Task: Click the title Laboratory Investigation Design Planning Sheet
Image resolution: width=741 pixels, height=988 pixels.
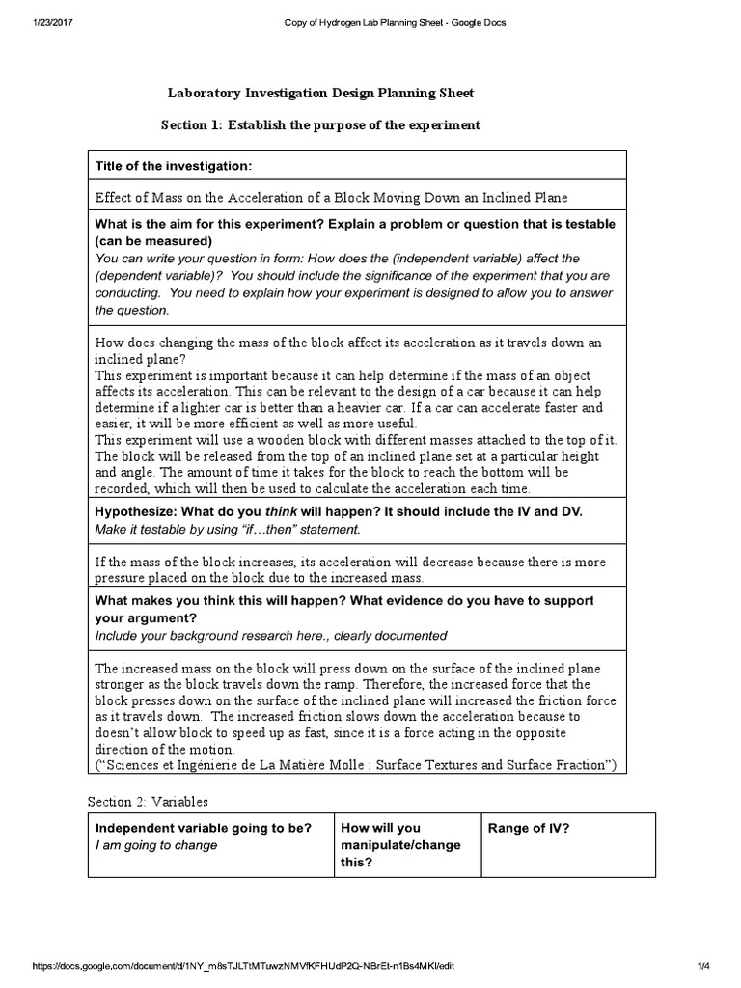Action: (321, 93)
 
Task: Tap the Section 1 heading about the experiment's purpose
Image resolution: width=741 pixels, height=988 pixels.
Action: (319, 126)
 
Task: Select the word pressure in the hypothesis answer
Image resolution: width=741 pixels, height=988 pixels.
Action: (123, 577)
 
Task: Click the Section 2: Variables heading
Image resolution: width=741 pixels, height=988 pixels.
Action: (148, 801)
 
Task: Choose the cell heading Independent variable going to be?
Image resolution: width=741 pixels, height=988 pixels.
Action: (203, 828)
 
